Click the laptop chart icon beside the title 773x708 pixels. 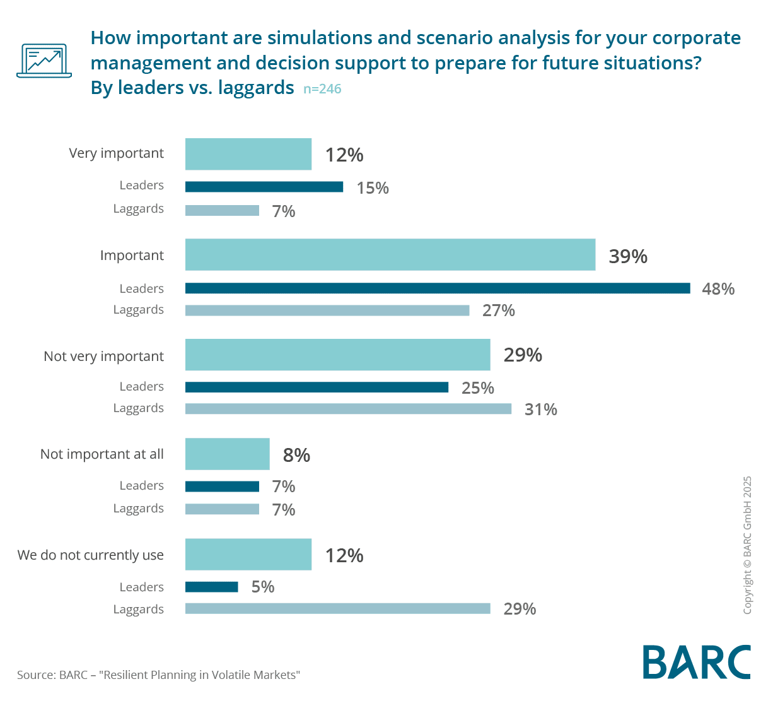pos(44,61)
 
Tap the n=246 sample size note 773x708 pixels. pos(322,89)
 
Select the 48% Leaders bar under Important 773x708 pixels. pos(438,288)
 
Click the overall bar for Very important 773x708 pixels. pos(248,154)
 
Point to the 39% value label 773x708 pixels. pos(628,256)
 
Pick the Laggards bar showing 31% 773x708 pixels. pos(348,409)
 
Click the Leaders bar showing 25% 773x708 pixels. pos(317,387)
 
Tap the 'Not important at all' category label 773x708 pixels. pos(102,454)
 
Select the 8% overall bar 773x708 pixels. pos(227,454)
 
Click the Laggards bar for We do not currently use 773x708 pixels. pos(337,609)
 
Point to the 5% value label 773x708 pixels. pos(263,587)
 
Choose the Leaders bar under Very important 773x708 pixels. pos(264,187)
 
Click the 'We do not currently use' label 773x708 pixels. pos(91,555)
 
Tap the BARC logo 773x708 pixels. pos(697,662)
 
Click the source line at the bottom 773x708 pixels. pos(158,675)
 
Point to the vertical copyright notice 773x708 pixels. pos(747,545)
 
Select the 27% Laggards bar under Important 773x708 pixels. pos(327,310)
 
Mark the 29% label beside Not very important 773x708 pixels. pos(523,355)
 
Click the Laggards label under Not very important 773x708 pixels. pos(139,408)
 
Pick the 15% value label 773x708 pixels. pos(373,188)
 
